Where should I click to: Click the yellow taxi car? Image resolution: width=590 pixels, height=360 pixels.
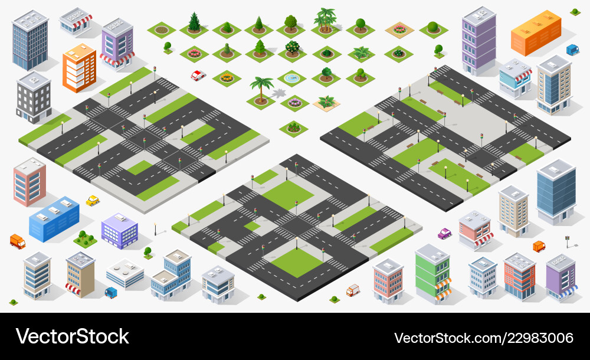click(93, 201)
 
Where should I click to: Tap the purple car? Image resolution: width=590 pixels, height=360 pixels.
click(444, 233)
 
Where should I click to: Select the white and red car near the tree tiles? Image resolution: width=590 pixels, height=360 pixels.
click(198, 75)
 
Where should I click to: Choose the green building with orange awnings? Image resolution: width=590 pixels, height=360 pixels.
click(432, 273)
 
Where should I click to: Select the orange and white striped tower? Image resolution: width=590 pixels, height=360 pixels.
click(79, 68)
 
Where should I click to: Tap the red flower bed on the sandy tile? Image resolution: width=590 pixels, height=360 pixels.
click(399, 28)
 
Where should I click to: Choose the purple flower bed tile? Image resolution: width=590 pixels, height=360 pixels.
click(294, 103)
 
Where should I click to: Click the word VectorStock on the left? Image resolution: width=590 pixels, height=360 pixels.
click(73, 336)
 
